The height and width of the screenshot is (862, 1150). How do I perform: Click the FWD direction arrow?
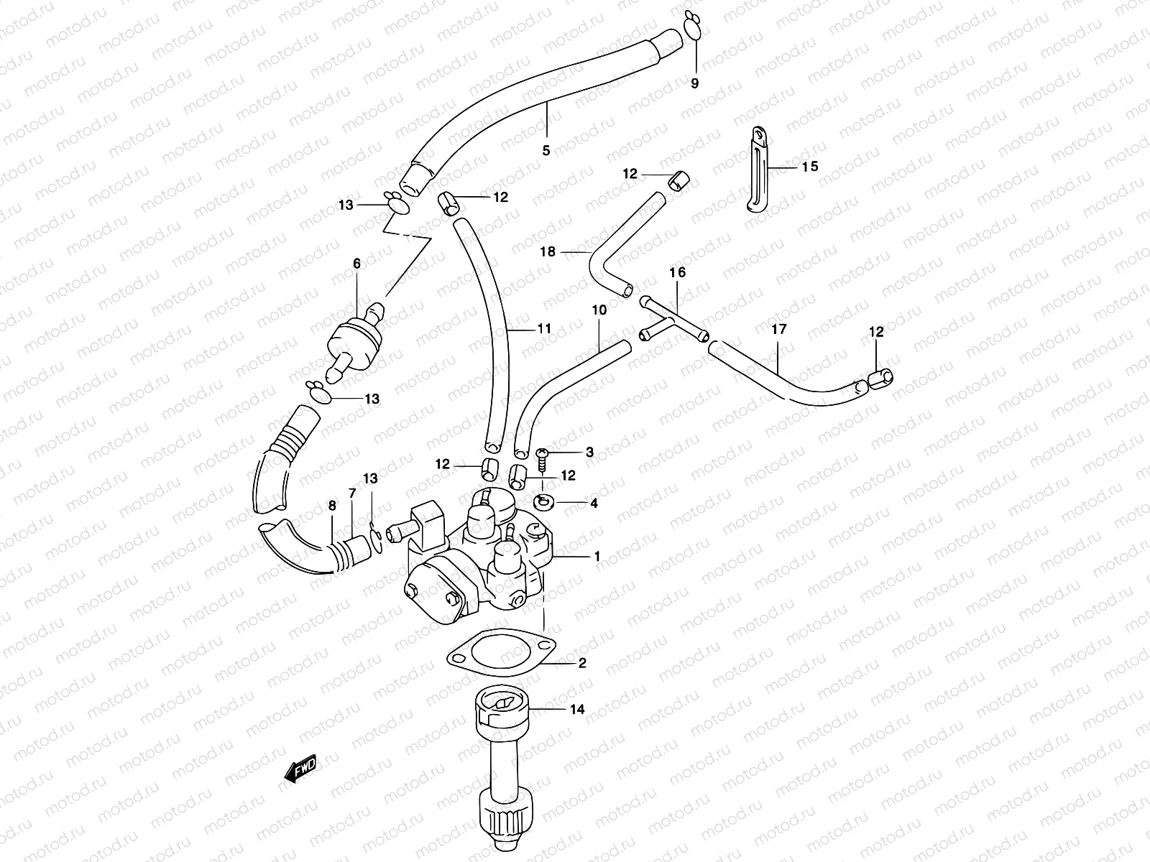301,769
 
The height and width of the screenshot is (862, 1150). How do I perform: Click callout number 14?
576,710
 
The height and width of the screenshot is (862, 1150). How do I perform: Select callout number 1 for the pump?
597,557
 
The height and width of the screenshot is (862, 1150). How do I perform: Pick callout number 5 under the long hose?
546,151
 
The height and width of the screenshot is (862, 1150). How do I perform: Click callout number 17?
779,330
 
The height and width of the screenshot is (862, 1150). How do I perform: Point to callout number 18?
548,251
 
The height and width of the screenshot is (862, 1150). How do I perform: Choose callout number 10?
599,310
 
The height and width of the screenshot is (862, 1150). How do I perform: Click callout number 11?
544,328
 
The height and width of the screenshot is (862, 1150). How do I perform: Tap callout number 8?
332,506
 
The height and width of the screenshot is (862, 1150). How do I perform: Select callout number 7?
352,493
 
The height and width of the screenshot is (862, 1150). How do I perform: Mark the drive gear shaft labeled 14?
500,754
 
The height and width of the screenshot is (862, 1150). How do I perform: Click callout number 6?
356,264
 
